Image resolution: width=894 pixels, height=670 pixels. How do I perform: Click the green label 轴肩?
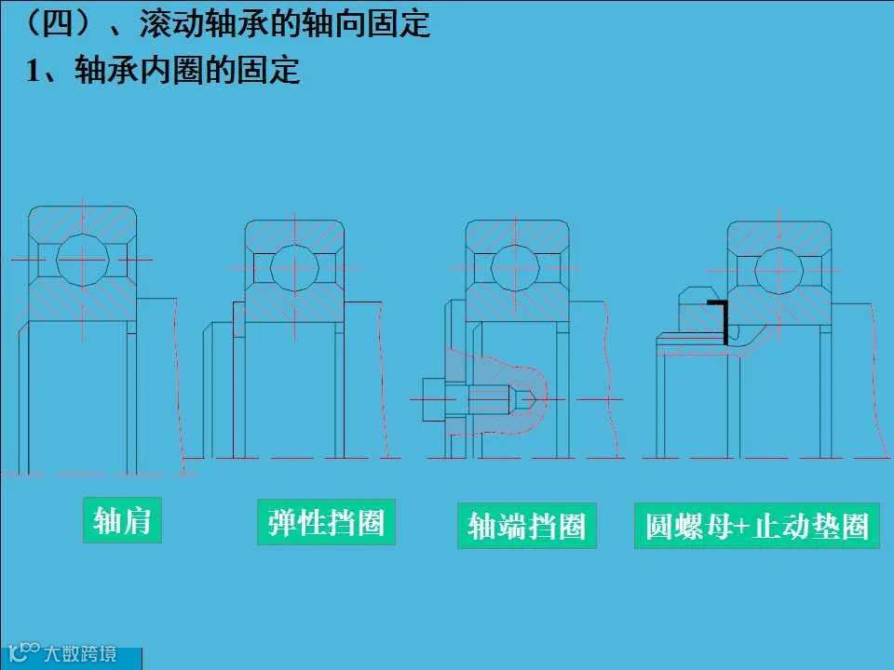tap(122, 520)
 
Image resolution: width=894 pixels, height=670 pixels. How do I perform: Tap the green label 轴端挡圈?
tap(526, 526)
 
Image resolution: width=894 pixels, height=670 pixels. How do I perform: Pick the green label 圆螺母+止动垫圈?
tap(756, 526)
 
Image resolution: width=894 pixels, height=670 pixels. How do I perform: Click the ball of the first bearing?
tap(82, 258)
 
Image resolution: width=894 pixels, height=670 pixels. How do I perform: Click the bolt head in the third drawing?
tap(436, 399)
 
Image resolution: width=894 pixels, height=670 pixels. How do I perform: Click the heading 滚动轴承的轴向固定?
tap(284, 23)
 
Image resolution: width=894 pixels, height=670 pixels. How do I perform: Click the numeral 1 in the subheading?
tap(34, 72)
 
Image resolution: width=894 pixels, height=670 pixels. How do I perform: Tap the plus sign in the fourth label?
tap(741, 527)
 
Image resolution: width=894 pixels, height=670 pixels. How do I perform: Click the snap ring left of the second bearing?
tap(239, 318)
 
